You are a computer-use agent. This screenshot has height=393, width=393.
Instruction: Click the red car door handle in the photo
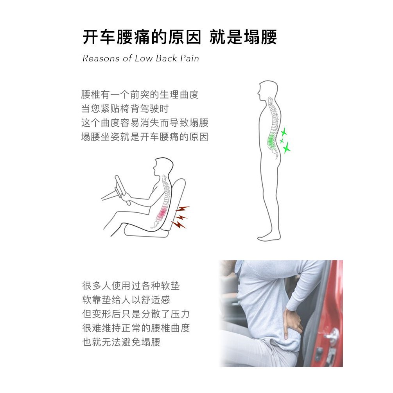tap(332, 335)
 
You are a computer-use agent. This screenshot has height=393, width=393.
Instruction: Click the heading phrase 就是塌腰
tap(243, 38)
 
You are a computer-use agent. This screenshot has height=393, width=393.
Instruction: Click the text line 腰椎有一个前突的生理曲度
tap(140, 95)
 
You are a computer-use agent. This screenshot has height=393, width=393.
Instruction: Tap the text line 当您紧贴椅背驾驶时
tap(125, 109)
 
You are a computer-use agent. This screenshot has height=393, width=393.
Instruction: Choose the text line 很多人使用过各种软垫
tap(131, 285)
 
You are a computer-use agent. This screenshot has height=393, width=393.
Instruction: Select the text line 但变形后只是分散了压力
tap(136, 314)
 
